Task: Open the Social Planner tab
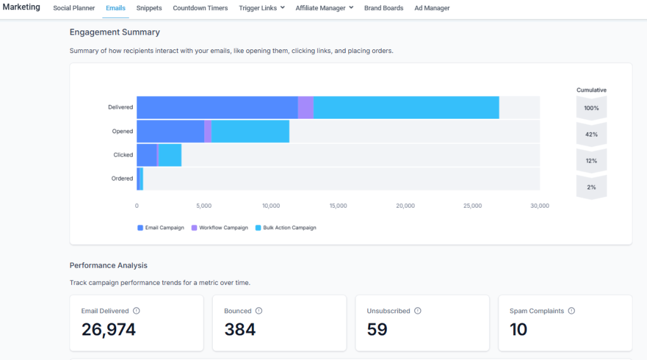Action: pyautogui.click(x=74, y=8)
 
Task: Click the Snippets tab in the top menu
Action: pyautogui.click(x=149, y=8)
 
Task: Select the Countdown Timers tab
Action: pyautogui.click(x=200, y=8)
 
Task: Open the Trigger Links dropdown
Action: pyautogui.click(x=262, y=8)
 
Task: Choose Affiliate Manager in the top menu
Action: pyautogui.click(x=324, y=8)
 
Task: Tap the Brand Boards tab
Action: pyautogui.click(x=384, y=8)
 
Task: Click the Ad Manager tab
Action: pyautogui.click(x=432, y=8)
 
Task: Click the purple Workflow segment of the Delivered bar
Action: pyautogui.click(x=305, y=107)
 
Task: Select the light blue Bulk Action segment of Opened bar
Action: pyautogui.click(x=250, y=131)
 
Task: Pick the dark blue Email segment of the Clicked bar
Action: pyautogui.click(x=147, y=155)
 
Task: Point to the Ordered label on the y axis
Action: pyautogui.click(x=122, y=179)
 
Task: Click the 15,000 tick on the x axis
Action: pyautogui.click(x=338, y=206)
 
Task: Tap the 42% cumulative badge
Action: pyautogui.click(x=591, y=135)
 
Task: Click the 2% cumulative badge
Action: pyautogui.click(x=591, y=188)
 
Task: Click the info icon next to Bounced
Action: pyautogui.click(x=258, y=311)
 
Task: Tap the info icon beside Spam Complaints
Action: pyautogui.click(x=571, y=311)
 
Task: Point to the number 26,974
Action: pyautogui.click(x=109, y=330)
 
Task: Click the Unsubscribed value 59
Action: pyautogui.click(x=377, y=330)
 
